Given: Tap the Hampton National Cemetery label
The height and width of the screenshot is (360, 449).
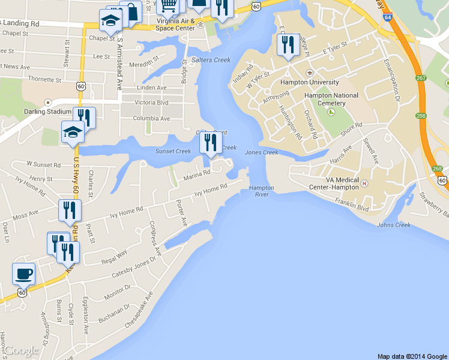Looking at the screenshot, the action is pyautogui.click(x=331, y=99).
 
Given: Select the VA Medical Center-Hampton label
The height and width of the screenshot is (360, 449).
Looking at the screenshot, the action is pyautogui.click(x=333, y=184).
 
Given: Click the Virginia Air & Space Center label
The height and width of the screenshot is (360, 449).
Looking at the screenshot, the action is pyautogui.click(x=175, y=25).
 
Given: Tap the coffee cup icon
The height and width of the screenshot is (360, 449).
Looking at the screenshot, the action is pyautogui.click(x=24, y=274).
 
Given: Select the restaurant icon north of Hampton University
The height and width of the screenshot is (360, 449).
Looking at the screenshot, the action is pyautogui.click(x=288, y=45).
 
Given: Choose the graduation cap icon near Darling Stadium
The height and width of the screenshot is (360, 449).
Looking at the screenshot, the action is pyautogui.click(x=73, y=132).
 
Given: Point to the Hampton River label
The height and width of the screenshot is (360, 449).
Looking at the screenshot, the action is pyautogui.click(x=261, y=191).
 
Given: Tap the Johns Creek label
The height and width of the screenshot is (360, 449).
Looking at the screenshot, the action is pyautogui.click(x=394, y=225).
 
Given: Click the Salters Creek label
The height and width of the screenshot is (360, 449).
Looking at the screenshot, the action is pyautogui.click(x=211, y=60).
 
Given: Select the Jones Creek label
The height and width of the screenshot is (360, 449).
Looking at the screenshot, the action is pyautogui.click(x=262, y=152).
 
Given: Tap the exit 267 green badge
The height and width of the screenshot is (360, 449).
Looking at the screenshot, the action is pyautogui.click(x=420, y=78).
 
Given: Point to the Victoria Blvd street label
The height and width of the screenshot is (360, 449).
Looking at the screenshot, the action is pyautogui.click(x=152, y=103).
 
